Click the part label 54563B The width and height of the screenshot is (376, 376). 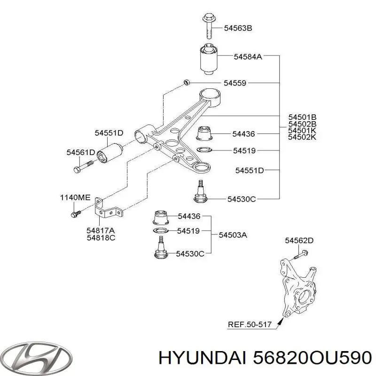[x=238, y=28]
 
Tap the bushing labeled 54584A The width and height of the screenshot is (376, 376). [x=209, y=58]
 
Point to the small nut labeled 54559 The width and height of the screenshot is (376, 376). [x=186, y=82]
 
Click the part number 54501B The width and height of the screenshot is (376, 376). [x=302, y=117]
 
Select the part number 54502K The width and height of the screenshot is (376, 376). [x=302, y=137]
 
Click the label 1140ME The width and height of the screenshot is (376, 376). [x=75, y=197]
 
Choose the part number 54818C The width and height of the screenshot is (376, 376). [x=101, y=238]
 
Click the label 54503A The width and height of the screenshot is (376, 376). [x=233, y=235]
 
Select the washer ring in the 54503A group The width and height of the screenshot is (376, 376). [x=161, y=231]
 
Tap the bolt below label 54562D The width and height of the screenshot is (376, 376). [x=301, y=255]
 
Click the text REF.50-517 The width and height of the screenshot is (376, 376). [x=250, y=324]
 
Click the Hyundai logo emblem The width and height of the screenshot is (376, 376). [x=37, y=357]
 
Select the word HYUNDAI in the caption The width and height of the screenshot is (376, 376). [x=202, y=359]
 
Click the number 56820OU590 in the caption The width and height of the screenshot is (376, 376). [x=312, y=359]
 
